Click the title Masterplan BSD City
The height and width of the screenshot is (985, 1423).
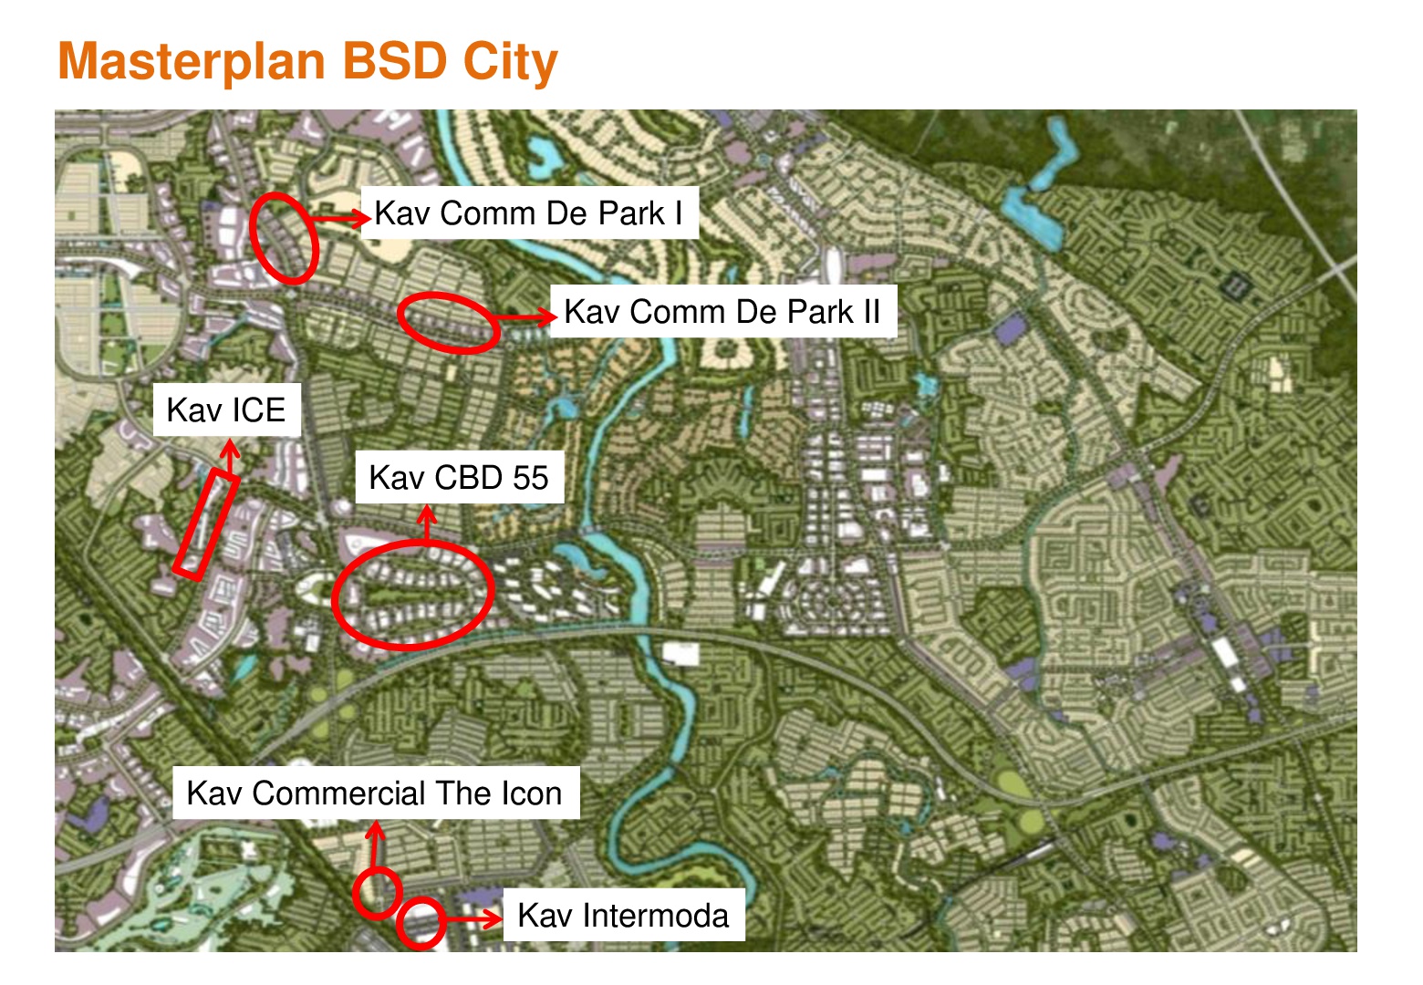point(307,62)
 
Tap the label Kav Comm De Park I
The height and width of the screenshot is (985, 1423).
point(529,213)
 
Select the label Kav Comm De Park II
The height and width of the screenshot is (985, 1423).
point(722,312)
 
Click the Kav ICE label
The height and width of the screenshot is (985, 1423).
point(226,410)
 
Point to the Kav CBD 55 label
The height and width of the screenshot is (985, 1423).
point(458,478)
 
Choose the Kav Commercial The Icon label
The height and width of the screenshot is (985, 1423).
point(375,793)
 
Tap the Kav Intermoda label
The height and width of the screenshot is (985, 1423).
point(623,916)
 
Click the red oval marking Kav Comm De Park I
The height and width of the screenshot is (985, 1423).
point(284,236)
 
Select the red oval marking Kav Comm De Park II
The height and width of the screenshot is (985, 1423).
point(449,322)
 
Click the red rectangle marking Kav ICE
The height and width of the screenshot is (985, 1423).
point(207,524)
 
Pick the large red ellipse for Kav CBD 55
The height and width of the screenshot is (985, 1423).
point(413,594)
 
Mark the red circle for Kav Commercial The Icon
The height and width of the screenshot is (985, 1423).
point(378,892)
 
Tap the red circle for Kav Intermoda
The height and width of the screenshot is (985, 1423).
point(421,922)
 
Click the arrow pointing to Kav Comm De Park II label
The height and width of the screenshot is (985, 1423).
point(526,316)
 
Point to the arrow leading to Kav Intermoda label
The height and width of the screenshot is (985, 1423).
point(473,918)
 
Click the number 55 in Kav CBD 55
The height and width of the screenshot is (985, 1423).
point(529,478)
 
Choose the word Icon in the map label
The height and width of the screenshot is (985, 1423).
point(531,793)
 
